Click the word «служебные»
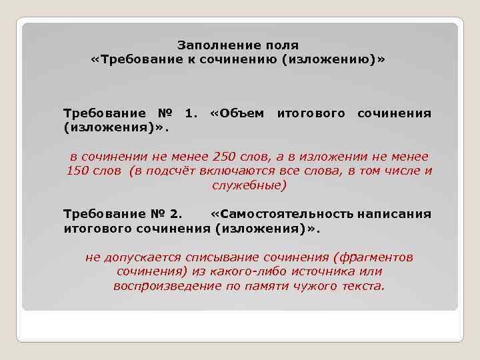tap(249, 185)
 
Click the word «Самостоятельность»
tap(283, 214)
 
